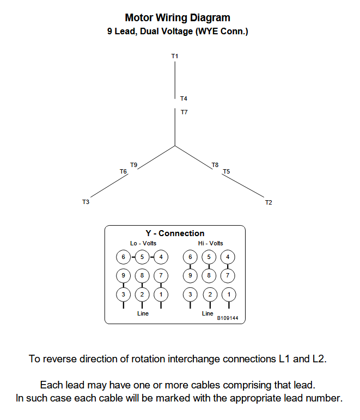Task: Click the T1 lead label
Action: click(175, 56)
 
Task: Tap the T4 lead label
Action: click(184, 98)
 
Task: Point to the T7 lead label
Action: click(184, 112)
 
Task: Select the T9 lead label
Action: click(133, 164)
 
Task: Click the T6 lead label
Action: click(123, 171)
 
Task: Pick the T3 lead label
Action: click(86, 202)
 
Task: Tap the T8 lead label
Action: click(215, 164)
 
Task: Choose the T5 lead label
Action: click(226, 171)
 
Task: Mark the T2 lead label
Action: click(269, 202)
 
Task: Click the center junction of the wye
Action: click(175, 146)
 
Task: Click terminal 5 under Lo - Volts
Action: click(142, 256)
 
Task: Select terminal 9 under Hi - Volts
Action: click(190, 276)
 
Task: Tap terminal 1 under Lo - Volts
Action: click(161, 294)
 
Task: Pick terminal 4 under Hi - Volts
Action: click(227, 257)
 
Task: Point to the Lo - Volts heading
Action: click(143, 243)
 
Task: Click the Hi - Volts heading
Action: click(210, 243)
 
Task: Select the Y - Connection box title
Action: click(175, 233)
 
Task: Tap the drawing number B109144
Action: click(228, 318)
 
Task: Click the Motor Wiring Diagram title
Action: click(178, 18)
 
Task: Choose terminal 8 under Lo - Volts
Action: click(142, 276)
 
